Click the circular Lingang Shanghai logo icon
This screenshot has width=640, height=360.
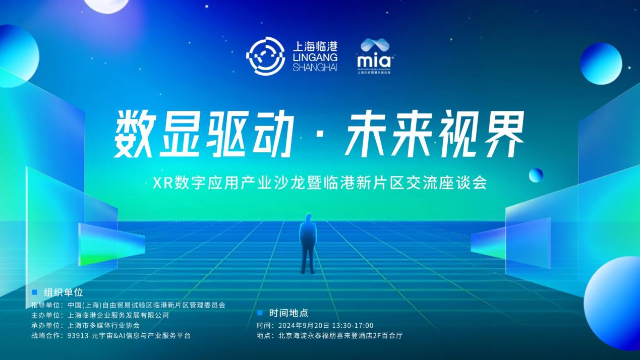pos(265,56)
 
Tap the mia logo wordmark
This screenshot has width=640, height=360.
pos(374,61)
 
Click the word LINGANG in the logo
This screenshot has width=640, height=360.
pos(315,57)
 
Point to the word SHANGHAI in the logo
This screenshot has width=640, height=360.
pos(315,68)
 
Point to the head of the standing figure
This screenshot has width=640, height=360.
pos(308,218)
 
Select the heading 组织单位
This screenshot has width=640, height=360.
pos(64,292)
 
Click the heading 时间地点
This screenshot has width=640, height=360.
pos(288,313)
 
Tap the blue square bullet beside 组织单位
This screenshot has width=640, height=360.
pos(35,292)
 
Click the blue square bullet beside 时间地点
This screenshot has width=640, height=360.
pos(260,313)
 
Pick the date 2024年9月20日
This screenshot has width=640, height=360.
pos(304,325)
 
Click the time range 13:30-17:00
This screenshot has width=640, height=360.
pos(353,325)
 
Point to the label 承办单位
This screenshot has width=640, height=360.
pos(45,325)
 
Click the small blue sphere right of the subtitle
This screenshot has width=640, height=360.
pos(536,175)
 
